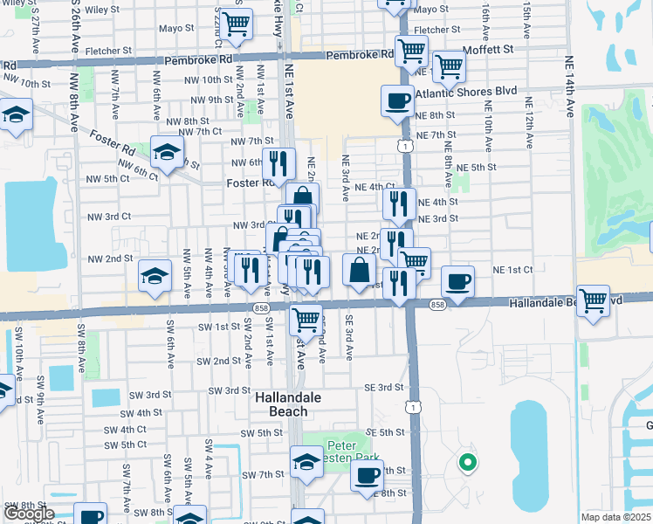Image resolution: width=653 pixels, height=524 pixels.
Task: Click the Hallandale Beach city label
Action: (x=281, y=403)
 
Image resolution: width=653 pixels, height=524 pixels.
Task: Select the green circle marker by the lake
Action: (x=467, y=463)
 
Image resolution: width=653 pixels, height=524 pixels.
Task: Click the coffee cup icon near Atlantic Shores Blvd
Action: (x=397, y=100)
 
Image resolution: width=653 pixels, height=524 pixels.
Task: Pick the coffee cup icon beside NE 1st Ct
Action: (x=457, y=281)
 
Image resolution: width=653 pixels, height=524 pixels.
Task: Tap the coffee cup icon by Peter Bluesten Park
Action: (x=368, y=476)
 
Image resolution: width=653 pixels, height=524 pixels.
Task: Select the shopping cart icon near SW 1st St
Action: (x=306, y=320)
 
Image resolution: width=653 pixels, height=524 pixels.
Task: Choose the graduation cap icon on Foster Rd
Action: (x=167, y=152)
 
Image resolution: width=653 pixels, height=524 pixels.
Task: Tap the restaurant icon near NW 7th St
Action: (x=278, y=162)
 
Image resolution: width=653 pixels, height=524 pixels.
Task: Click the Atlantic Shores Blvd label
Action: (x=466, y=91)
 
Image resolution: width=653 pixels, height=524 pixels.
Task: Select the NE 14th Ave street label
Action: (x=569, y=87)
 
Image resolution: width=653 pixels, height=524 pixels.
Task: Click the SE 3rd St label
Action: (x=385, y=387)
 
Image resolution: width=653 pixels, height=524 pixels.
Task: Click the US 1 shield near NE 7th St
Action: (x=407, y=146)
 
